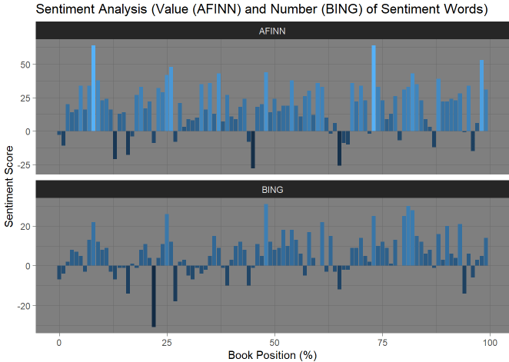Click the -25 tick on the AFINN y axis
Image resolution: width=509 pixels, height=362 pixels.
click(x=23, y=164)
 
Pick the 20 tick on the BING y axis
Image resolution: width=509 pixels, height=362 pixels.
click(x=25, y=226)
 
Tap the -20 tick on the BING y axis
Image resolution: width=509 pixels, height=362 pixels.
click(x=23, y=306)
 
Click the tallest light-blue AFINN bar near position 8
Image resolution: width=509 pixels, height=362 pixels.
click(x=93, y=88)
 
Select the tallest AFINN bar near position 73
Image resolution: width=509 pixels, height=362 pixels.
click(x=374, y=88)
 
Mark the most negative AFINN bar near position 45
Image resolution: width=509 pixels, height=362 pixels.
click(x=253, y=149)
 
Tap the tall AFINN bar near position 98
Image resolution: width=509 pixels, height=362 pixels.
click(x=481, y=95)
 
